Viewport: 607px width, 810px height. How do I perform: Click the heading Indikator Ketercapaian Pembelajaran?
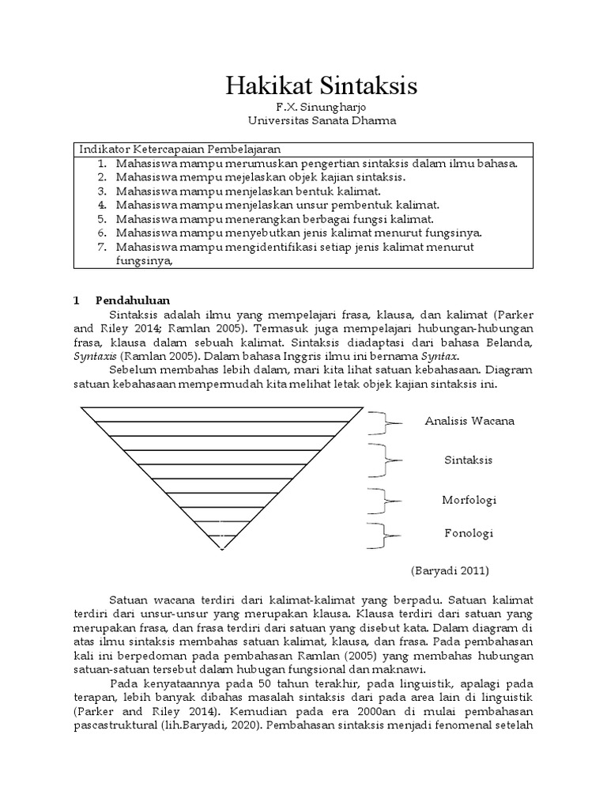click(179, 150)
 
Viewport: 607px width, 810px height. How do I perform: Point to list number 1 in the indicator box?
click(102, 164)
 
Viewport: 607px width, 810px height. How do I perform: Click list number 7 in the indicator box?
click(102, 247)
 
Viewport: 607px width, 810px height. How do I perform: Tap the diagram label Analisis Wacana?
click(469, 421)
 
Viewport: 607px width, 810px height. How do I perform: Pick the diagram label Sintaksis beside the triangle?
click(469, 460)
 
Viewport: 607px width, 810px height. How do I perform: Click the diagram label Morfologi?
click(469, 500)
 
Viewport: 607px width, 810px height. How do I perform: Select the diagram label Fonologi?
click(468, 533)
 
